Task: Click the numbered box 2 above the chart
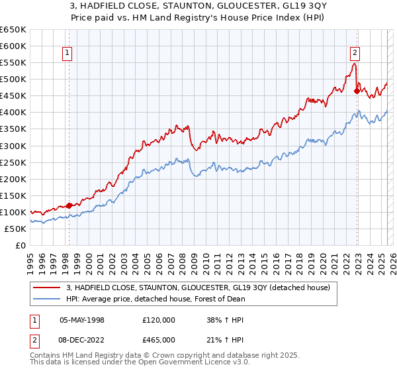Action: pos(355,54)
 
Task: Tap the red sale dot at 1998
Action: pos(69,205)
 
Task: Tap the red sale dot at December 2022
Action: pos(357,91)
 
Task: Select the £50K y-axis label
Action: pos(16,229)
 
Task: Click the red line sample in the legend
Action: pos(47,287)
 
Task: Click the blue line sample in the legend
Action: pos(47,299)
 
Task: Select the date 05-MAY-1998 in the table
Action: pos(82,320)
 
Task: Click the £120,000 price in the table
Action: pos(158,320)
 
